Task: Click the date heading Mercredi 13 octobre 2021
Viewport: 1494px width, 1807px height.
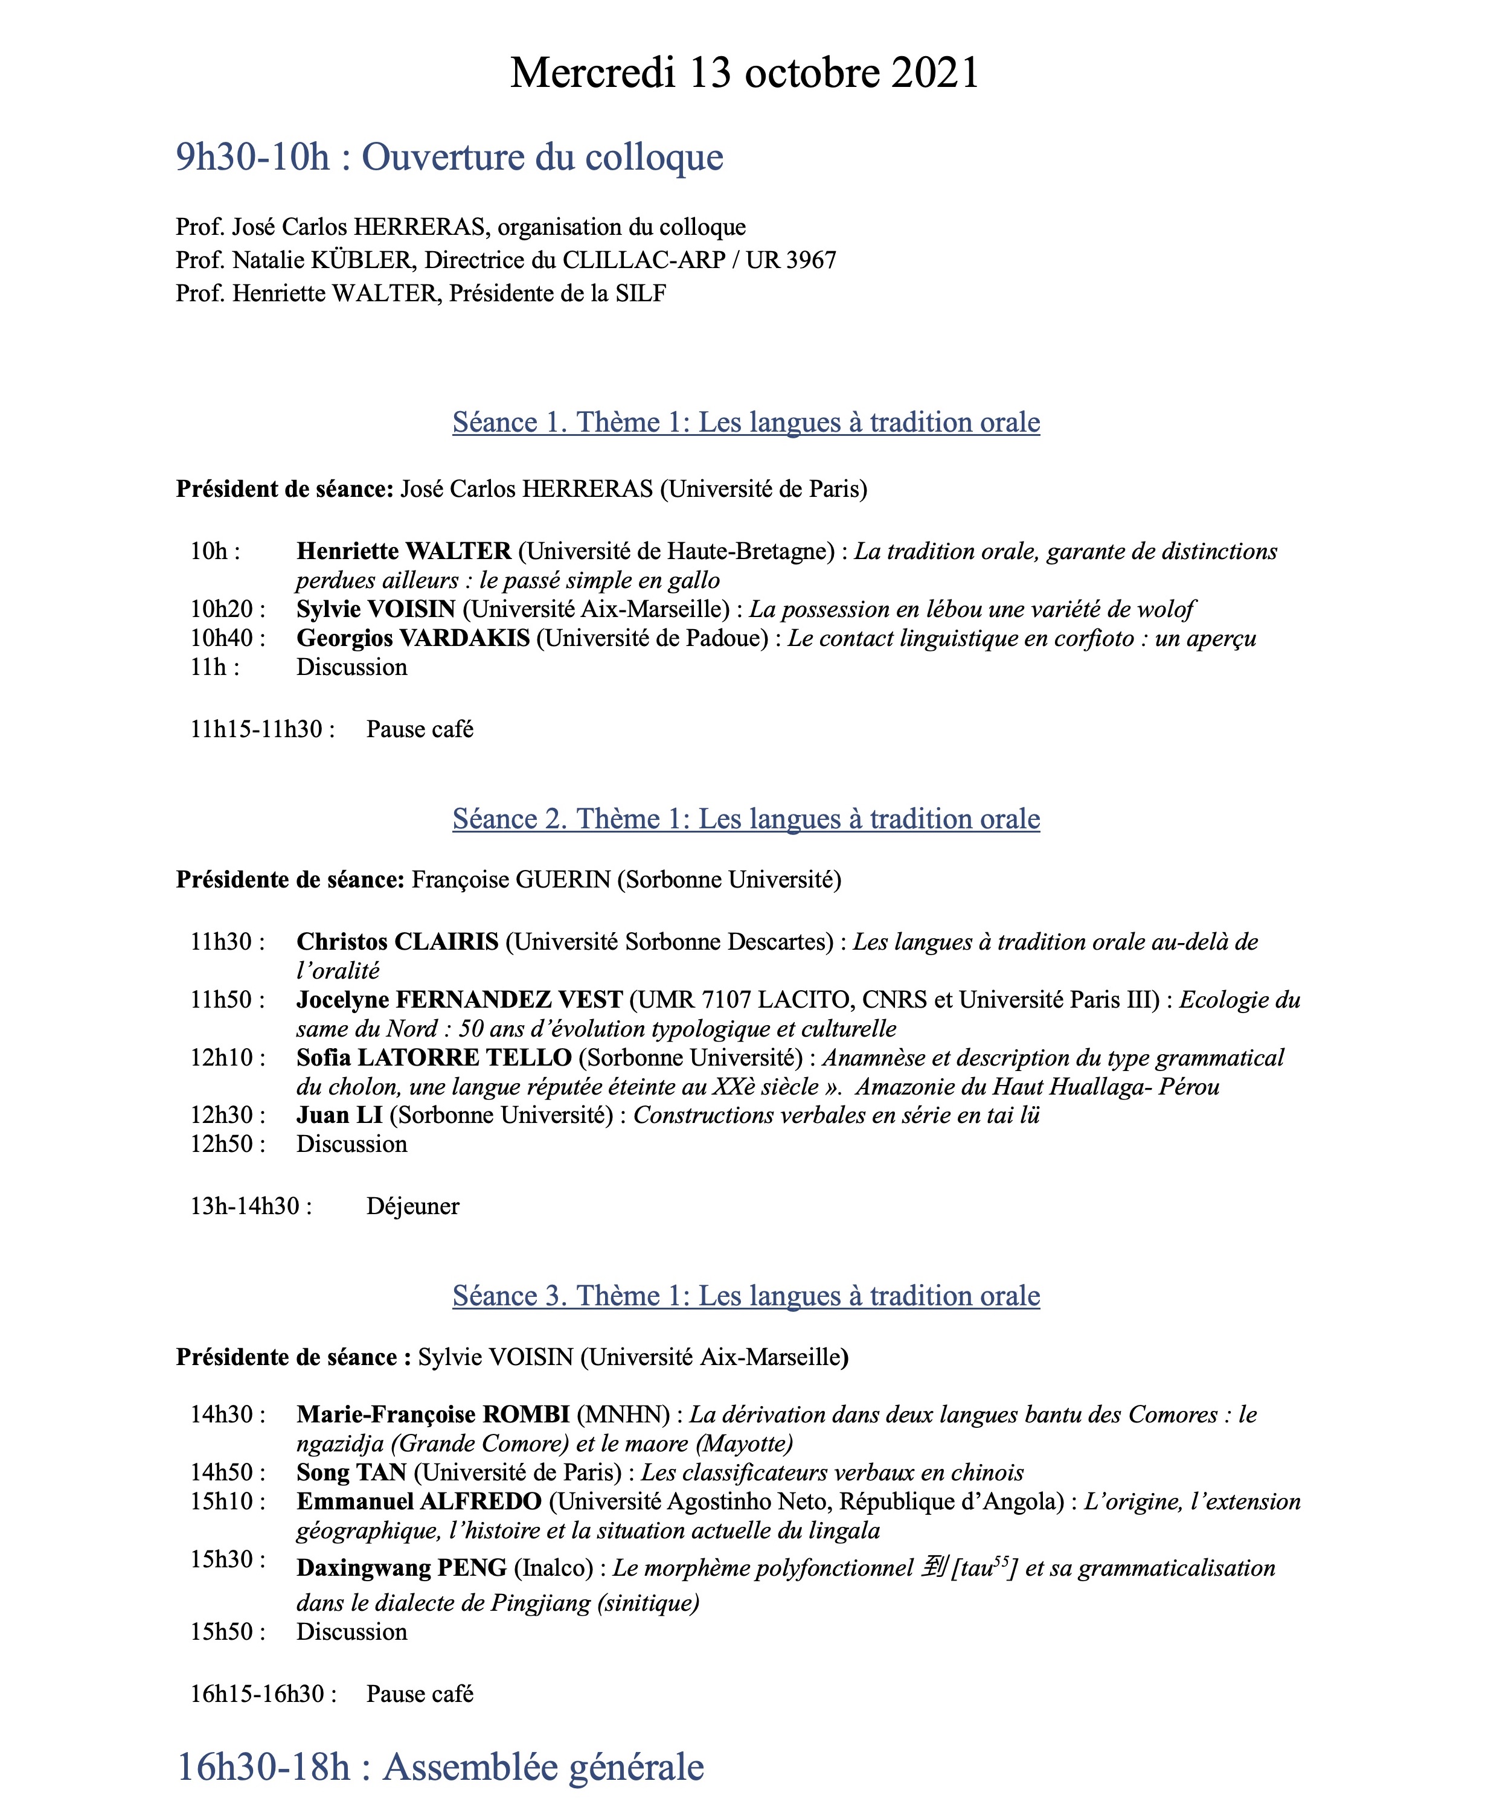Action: click(745, 72)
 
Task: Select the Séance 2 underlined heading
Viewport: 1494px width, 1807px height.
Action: click(745, 818)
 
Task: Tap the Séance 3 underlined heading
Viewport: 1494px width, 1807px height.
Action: click(745, 1295)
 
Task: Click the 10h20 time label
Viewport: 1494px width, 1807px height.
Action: click(227, 609)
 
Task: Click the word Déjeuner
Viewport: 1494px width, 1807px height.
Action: click(412, 1206)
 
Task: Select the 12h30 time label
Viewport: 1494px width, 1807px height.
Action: click(227, 1115)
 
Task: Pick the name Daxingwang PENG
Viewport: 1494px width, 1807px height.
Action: click(401, 1569)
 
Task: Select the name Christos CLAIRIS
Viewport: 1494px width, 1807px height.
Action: click(397, 941)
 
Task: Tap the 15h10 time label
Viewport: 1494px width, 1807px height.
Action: click(227, 1502)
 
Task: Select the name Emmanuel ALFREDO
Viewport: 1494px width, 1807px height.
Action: click(418, 1502)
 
